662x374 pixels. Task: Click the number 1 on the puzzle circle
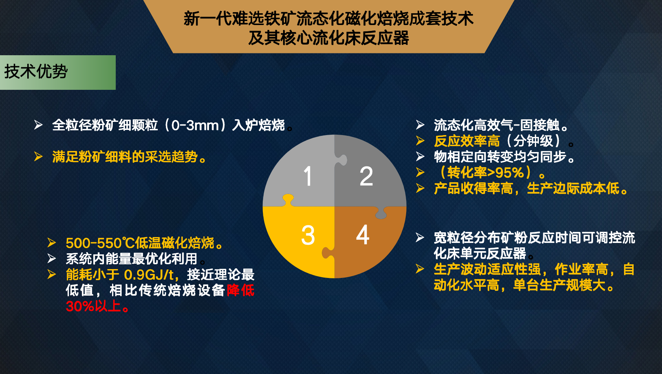308,176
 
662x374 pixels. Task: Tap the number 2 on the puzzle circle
366,176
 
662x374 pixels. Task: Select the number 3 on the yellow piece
308,235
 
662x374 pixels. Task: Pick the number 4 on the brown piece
363,234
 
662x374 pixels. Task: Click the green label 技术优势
36,71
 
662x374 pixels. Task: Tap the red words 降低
240,290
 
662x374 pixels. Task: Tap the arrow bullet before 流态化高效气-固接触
420,125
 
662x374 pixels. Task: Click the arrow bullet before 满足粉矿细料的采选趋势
38,157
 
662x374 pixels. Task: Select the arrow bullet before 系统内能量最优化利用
52,259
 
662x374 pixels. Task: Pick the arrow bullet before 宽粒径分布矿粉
420,237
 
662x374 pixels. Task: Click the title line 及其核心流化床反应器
328,38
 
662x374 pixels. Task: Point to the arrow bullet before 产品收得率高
420,188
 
